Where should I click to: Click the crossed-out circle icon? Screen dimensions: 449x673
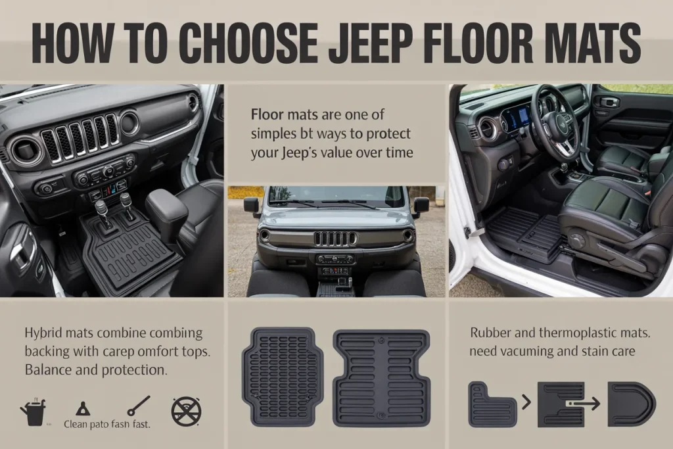(x=186, y=411)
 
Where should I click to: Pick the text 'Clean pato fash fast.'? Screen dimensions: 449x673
(x=106, y=425)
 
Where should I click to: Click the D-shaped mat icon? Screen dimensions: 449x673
(x=630, y=404)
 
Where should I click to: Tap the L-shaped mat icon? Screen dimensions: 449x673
(x=492, y=404)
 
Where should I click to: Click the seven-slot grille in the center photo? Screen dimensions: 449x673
(x=335, y=238)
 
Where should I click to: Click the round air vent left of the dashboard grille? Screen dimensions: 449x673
(x=26, y=150)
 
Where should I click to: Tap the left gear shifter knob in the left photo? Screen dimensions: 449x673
(x=101, y=208)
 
